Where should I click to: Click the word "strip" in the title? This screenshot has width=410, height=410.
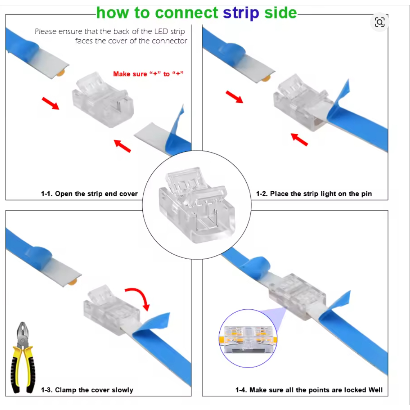point(241,13)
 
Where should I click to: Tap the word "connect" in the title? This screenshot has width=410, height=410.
point(187,13)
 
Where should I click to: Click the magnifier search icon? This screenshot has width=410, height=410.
point(379,22)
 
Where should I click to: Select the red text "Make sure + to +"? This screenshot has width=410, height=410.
point(148,74)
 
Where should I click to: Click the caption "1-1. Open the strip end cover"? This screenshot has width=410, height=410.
point(89,194)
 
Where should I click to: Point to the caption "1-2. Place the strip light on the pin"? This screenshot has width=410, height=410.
point(314,194)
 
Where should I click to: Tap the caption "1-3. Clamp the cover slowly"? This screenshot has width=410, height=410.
point(87,390)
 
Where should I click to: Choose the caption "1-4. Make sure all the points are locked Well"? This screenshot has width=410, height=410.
point(309,390)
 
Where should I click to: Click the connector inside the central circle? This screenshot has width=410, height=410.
point(197,205)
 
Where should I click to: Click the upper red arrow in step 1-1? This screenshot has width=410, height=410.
point(50,103)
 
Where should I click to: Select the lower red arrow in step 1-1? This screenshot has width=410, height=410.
point(122,146)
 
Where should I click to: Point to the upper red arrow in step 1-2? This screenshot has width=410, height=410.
point(234,97)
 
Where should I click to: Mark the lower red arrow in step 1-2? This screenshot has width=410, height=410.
point(300,140)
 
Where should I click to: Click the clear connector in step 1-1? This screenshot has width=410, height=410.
point(103,100)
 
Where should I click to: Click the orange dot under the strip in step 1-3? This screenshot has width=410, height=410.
point(73,282)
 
